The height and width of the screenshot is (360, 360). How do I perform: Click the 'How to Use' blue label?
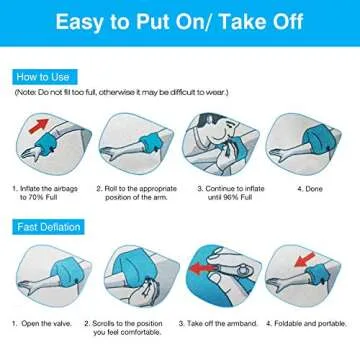click(x=41, y=76)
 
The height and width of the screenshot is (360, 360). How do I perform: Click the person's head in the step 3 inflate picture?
click(x=227, y=125)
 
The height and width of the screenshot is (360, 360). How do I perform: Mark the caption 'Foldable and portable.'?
click(x=310, y=323)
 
